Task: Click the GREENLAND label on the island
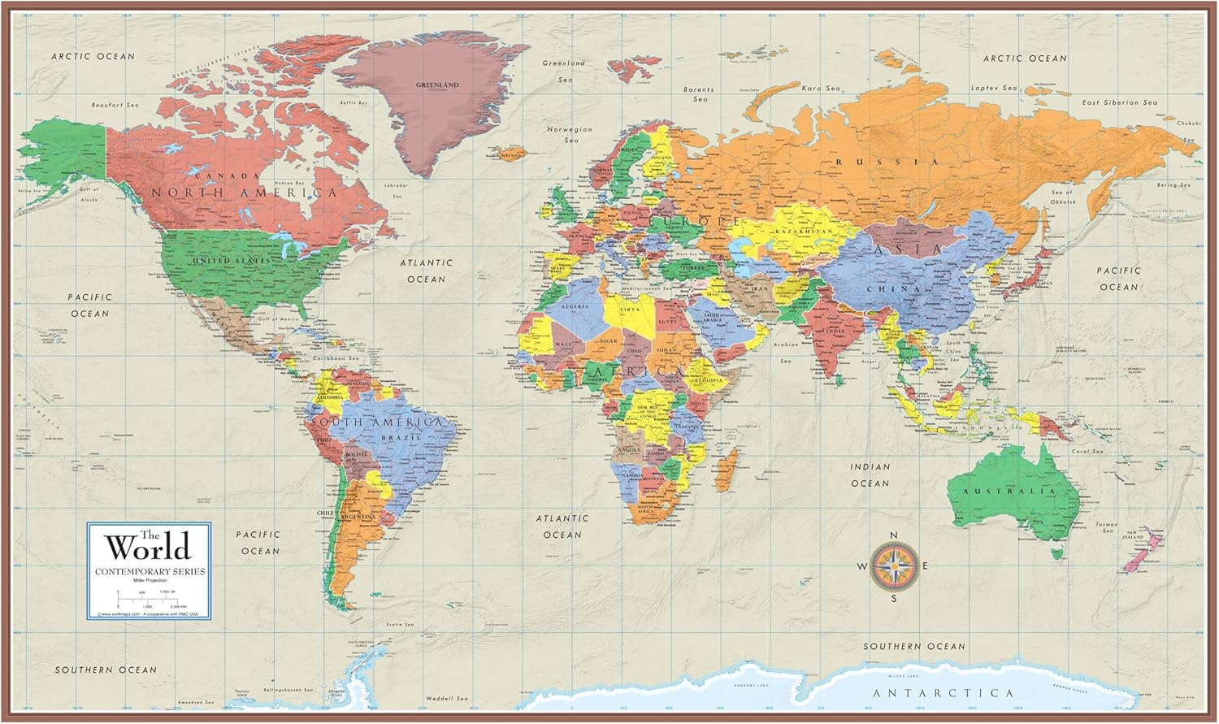[437, 85]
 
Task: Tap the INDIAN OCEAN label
[870, 475]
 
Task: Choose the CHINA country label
[893, 289]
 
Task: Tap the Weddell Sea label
[449, 698]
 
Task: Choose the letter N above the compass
[893, 534]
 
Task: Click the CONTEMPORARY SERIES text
[150, 572]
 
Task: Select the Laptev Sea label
[993, 88]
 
